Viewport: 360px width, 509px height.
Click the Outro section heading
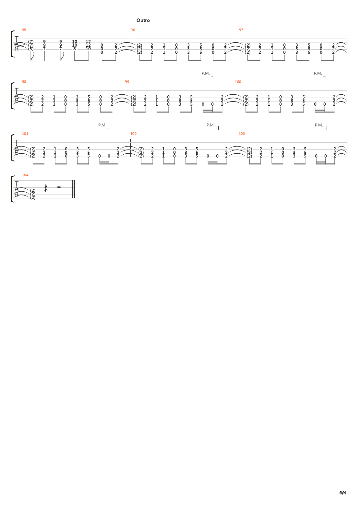[143, 20]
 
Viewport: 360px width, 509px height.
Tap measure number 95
[24, 30]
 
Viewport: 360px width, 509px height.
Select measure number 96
[133, 30]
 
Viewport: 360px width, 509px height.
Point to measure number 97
[241, 30]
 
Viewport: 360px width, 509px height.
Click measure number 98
[24, 82]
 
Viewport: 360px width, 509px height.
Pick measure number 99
[127, 82]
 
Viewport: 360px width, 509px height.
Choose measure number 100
[238, 82]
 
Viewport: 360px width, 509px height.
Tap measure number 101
[25, 134]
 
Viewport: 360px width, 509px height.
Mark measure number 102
[133, 134]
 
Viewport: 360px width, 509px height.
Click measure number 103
[242, 134]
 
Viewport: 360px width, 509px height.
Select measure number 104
[25, 175]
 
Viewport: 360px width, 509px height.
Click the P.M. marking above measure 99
[206, 73]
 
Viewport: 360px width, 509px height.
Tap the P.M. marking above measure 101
[102, 125]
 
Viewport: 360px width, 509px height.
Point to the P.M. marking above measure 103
[319, 125]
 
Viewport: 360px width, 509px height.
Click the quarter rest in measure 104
[46, 188]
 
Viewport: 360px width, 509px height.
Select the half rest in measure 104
[59, 187]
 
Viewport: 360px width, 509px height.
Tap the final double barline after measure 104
[74, 189]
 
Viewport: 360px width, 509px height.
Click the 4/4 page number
[342, 493]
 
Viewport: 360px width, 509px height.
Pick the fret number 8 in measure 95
[74, 49]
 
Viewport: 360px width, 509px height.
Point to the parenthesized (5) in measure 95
[31, 49]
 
